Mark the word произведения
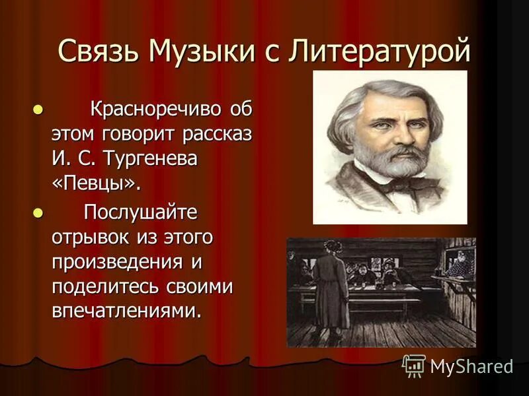coord(120,261)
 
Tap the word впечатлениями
coord(126,312)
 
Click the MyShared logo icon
coord(414,366)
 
